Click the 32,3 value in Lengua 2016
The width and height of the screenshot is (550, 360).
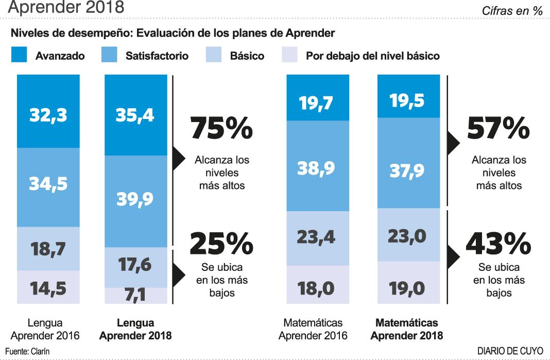pos(48,114)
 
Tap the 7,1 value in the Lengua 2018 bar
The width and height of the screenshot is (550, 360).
pos(135,296)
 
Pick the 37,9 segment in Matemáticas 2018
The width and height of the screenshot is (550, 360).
pos(408,169)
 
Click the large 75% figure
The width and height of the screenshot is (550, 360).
pos(221,128)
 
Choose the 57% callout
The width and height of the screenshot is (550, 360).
pos(498,128)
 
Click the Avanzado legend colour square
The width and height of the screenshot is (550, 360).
pos(19,55)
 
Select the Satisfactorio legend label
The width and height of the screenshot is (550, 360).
pos(157,56)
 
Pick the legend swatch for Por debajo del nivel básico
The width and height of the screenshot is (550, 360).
pos(290,55)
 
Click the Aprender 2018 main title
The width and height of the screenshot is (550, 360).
pos(66,8)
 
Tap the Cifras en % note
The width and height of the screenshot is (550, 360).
pos(512,11)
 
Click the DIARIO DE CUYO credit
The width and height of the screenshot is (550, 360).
pos(510,351)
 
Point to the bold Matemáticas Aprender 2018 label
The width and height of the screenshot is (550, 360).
pos(407,329)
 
